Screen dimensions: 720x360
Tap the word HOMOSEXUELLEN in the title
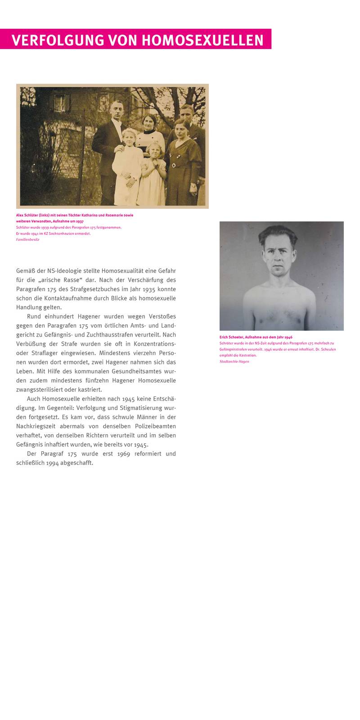[202, 40]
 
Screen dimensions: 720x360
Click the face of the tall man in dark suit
[116, 111]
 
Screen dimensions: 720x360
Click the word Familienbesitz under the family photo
[28, 239]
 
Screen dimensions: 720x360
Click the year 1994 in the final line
[53, 463]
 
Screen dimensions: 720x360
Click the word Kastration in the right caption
[247, 355]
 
